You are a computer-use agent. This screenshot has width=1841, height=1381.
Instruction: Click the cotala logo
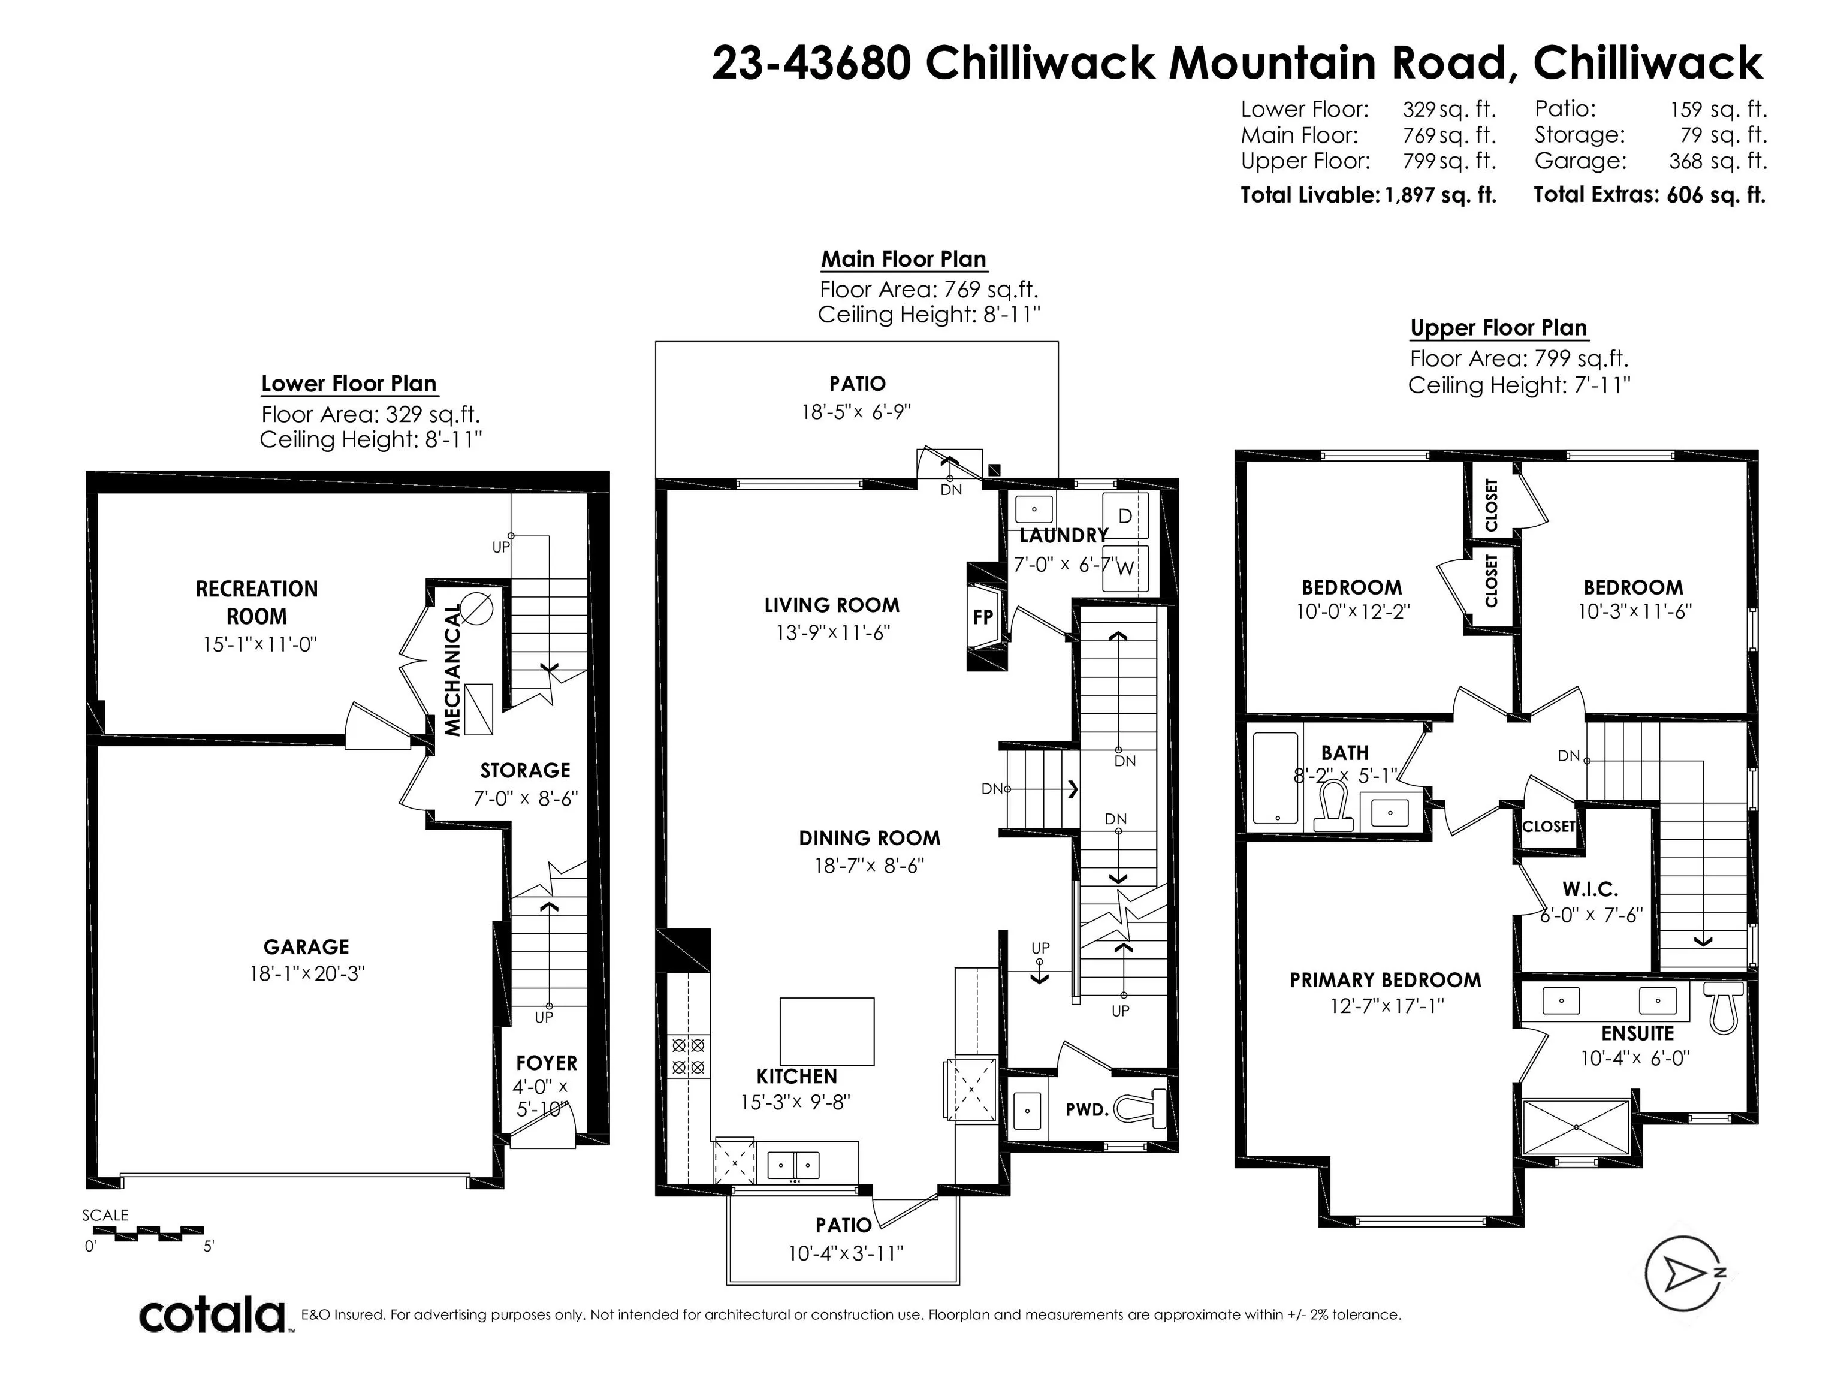[x=212, y=1315]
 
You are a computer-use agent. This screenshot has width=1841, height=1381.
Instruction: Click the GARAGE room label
[x=306, y=947]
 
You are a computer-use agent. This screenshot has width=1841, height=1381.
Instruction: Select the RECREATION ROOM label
[x=256, y=602]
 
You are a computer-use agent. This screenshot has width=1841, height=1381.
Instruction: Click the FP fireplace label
[x=983, y=617]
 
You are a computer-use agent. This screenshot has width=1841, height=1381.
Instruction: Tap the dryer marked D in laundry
[x=1125, y=516]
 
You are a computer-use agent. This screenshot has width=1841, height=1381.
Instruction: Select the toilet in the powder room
[x=1140, y=1109]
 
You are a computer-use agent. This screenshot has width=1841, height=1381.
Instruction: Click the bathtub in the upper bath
[x=1275, y=779]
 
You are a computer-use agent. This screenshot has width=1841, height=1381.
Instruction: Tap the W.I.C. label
[x=1590, y=889]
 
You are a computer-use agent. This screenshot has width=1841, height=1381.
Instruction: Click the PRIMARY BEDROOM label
[x=1386, y=980]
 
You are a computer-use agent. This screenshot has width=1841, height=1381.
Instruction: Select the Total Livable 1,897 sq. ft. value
[x=1440, y=195]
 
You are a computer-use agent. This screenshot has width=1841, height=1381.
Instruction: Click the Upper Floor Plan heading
[x=1498, y=328]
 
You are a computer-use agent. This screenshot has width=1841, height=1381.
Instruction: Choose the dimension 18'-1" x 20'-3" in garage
[x=307, y=973]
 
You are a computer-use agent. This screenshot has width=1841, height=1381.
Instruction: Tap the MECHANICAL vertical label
[x=452, y=671]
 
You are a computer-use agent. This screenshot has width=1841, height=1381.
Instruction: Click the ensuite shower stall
[x=1576, y=1126]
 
